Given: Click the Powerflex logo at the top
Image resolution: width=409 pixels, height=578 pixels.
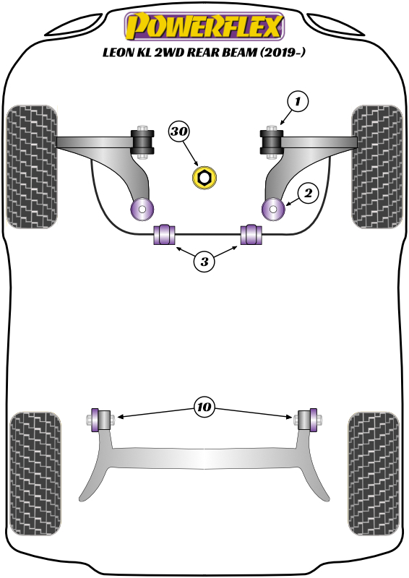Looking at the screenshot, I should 204,26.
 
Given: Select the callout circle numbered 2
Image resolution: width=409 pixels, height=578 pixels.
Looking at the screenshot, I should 307,193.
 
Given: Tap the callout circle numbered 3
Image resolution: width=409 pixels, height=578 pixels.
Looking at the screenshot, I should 204,262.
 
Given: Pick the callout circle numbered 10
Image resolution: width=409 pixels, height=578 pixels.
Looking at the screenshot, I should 204,408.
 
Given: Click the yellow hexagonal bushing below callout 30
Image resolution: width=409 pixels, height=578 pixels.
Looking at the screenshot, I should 204,178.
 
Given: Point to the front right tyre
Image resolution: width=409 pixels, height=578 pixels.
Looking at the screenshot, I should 376,166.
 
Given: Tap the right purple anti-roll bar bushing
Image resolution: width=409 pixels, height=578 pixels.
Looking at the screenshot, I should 250,235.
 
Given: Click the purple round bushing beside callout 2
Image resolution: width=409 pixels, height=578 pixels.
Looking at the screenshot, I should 274,210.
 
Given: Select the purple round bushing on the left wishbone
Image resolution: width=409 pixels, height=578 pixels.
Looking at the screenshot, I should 141,210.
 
